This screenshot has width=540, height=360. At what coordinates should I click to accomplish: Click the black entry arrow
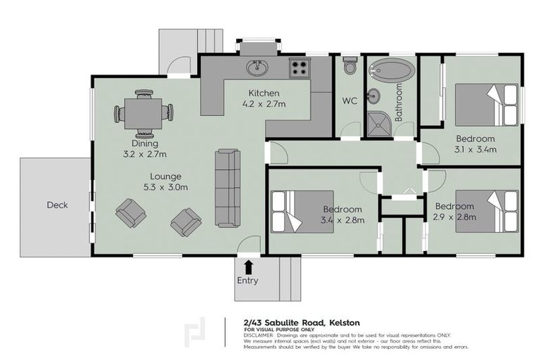[247, 266]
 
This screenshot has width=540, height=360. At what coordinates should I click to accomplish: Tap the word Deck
[57, 205]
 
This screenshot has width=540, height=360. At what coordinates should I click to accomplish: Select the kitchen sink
[257, 67]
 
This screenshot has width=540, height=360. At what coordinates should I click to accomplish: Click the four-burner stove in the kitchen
[300, 68]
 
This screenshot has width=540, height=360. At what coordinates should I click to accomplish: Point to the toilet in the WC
[349, 67]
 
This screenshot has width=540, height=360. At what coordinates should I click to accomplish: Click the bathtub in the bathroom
[392, 70]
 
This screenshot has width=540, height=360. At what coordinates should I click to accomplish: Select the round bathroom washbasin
[375, 95]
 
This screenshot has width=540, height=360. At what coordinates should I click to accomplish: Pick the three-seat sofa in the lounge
[227, 188]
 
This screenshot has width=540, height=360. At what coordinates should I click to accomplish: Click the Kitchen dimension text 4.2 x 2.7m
[264, 104]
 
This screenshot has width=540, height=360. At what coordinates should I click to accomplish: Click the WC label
[350, 101]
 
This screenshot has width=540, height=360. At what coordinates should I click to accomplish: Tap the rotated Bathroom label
[399, 103]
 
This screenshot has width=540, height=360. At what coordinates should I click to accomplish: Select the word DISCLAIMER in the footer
[260, 335]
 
